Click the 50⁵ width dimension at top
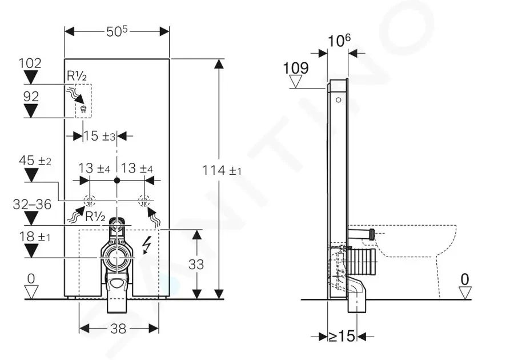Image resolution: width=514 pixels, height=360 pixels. tap(117, 31)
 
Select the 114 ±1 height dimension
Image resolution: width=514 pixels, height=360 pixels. tap(222, 170)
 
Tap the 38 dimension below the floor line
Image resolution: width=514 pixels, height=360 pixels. tap(118, 329)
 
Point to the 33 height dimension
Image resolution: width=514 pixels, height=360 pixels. tap(196, 264)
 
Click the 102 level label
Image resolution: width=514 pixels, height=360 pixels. tap(30, 63)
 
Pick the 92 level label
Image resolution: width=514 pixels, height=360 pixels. tap(31, 97)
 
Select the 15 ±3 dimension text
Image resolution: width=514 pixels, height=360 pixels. tap(99, 136)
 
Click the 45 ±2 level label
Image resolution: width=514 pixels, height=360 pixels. tap(35, 161)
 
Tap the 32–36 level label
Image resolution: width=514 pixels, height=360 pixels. tap(32, 205)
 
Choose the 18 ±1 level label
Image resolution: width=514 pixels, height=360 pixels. tap(35, 237)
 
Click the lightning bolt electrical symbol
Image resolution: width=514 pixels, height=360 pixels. tap(147, 246)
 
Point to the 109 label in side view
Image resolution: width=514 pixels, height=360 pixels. tap(296, 68)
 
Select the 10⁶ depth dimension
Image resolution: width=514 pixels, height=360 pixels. tap(339, 40)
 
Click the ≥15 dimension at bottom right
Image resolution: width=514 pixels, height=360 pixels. tap(342, 336)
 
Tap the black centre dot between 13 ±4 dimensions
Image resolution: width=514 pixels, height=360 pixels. tap(117, 181)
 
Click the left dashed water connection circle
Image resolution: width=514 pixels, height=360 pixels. tap(90, 201)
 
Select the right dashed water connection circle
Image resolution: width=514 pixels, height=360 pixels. tap(144, 201)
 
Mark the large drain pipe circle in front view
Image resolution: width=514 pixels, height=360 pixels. tap(116, 257)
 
